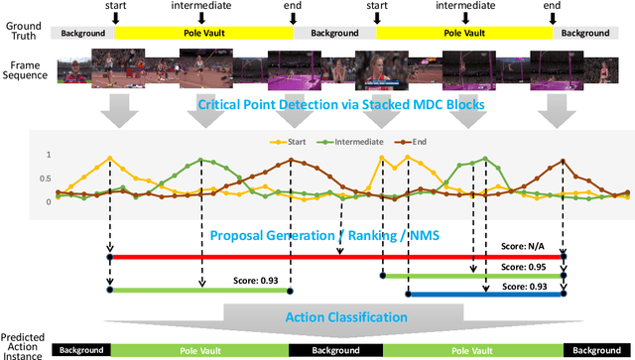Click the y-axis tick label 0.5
[47, 179]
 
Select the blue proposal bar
[486, 294]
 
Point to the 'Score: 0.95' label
[524, 267]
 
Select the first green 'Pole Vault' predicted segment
[199, 350]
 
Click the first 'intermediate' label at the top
[200, 6]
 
